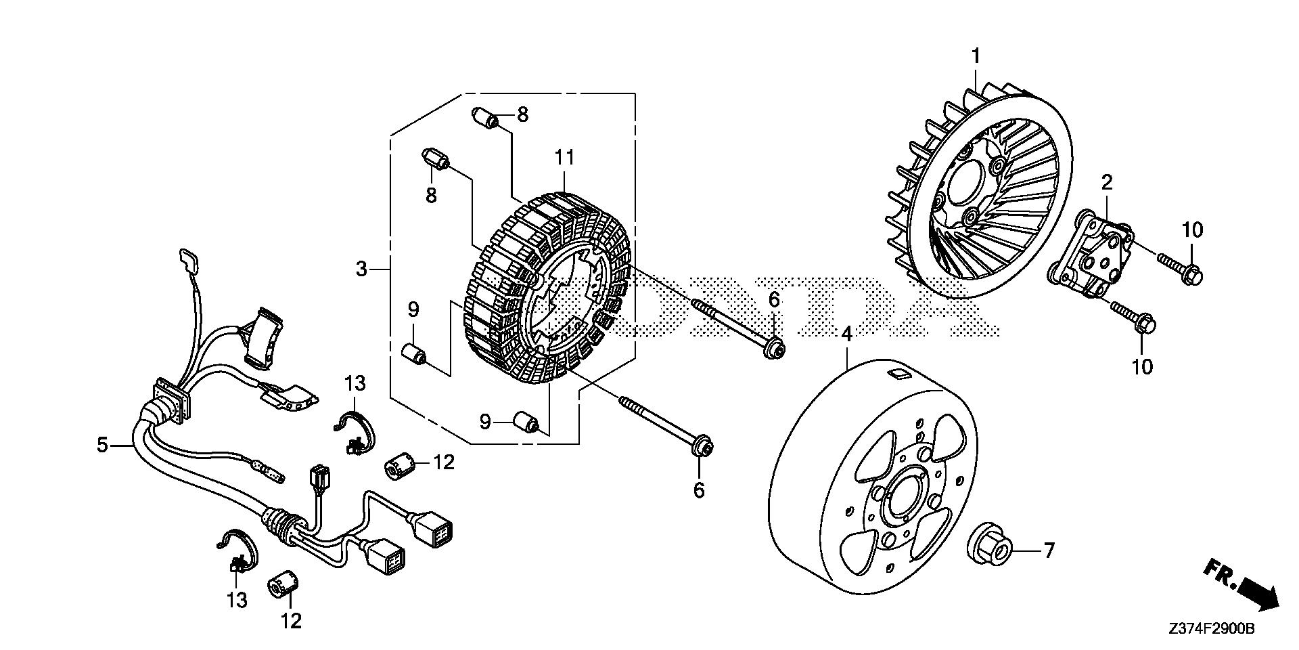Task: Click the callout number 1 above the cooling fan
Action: (976, 56)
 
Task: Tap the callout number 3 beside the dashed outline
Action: (362, 269)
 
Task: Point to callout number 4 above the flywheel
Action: (847, 334)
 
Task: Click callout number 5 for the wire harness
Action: (102, 446)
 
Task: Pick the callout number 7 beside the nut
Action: (1049, 550)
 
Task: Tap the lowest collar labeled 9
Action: (528, 421)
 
